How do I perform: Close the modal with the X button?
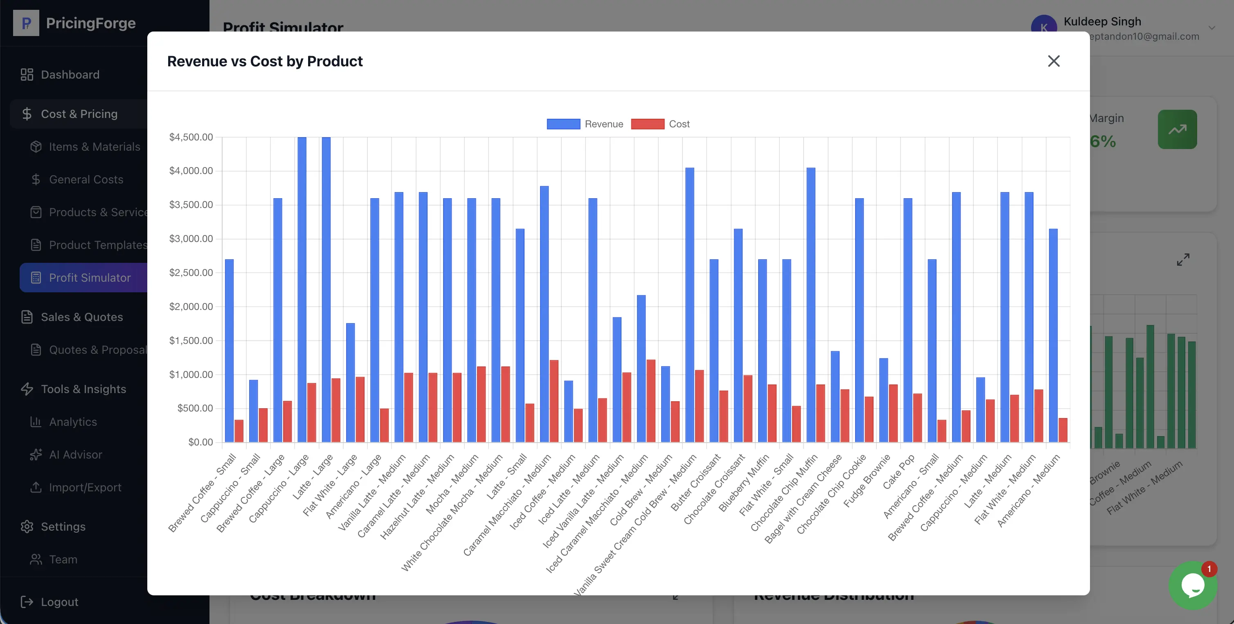(x=1054, y=61)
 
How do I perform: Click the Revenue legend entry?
(x=585, y=124)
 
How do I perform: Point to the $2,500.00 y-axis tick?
(x=191, y=273)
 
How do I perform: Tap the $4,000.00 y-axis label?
(x=191, y=171)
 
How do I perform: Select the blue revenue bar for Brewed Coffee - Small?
(x=229, y=350)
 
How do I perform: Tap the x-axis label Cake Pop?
(x=898, y=472)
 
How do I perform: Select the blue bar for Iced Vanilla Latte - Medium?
(x=617, y=379)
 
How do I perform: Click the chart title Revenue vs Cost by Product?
(x=264, y=61)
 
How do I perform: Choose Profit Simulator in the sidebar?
(x=89, y=278)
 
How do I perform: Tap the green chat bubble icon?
(x=1192, y=585)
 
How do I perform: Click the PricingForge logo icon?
(x=26, y=23)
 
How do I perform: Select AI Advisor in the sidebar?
(x=75, y=454)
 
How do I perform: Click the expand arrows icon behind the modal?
(x=1183, y=260)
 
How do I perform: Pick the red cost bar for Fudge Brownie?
(x=893, y=413)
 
